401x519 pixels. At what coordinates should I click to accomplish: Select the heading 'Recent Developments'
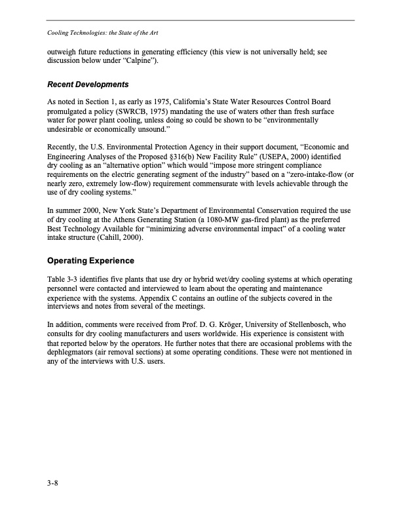point(88,85)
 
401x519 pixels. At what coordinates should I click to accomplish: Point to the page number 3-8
point(54,484)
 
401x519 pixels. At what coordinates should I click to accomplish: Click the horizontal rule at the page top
point(200,20)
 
